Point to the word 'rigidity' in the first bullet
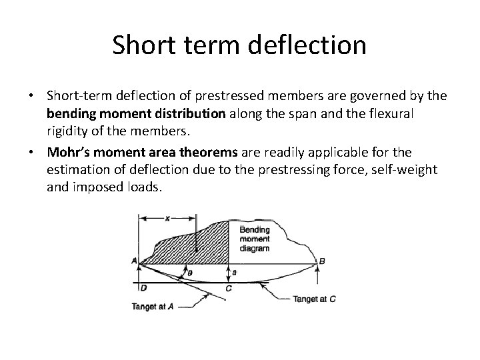point(69,130)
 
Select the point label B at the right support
point(322,261)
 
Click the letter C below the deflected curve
point(228,288)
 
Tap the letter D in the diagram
point(143,288)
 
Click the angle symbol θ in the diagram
point(189,273)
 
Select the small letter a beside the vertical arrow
point(234,272)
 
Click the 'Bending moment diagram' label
point(254,239)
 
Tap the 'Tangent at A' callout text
point(153,307)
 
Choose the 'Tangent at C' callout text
point(314,299)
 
